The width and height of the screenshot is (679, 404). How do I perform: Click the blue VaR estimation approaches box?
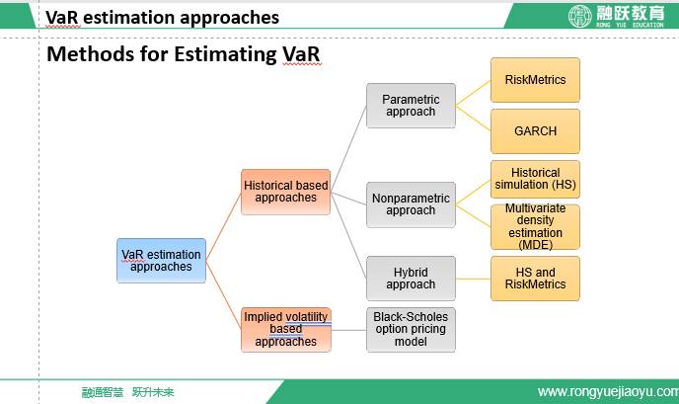click(161, 261)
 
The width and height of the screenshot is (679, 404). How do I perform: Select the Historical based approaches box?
click(286, 192)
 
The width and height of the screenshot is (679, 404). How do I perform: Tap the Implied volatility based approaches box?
click(286, 330)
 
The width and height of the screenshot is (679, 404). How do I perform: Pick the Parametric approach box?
click(411, 106)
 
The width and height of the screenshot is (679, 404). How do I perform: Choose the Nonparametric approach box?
click(411, 204)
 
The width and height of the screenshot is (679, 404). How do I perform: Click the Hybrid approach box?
click(411, 279)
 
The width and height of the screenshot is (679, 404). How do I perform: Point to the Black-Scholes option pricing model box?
click(411, 330)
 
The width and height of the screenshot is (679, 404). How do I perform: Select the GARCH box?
click(535, 131)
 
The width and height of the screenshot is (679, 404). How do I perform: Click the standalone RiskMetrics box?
click(535, 80)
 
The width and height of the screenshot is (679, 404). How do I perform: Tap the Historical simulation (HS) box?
click(535, 179)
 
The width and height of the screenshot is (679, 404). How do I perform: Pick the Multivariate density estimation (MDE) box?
click(535, 227)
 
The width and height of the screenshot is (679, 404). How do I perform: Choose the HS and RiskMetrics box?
click(535, 279)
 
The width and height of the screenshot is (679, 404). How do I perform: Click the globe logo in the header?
click(580, 17)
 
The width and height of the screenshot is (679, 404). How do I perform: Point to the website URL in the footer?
click(608, 392)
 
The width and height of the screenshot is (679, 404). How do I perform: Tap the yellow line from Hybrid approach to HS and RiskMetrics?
click(474, 279)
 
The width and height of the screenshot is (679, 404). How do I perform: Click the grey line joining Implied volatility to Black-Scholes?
click(348, 330)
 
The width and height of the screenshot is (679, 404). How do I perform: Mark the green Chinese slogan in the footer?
click(127, 392)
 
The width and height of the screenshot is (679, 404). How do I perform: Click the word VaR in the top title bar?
click(62, 18)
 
